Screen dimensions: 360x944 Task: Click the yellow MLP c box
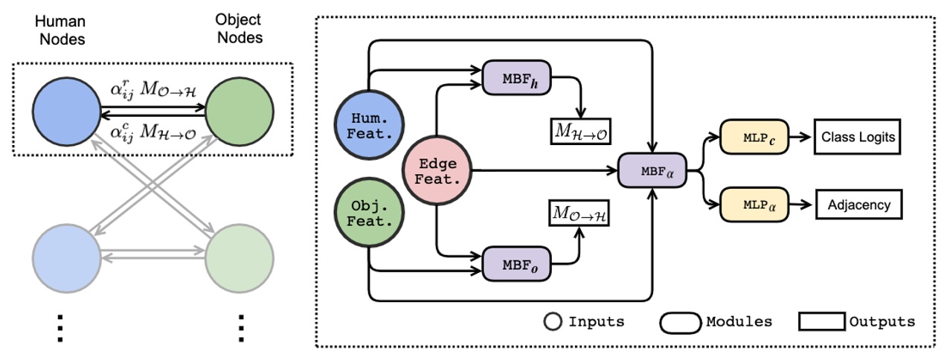pos(753,137)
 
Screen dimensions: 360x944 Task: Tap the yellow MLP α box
pos(753,202)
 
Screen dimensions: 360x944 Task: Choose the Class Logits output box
pos(858,137)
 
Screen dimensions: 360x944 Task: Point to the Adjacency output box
pos(858,202)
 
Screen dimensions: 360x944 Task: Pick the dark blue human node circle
pos(66,111)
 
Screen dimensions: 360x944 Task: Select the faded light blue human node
pos(66,255)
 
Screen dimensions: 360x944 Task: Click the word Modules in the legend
pos(739,321)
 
